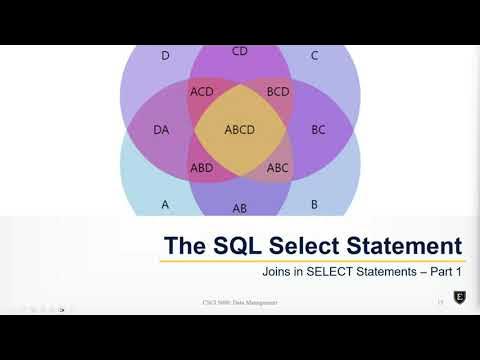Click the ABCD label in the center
[x=240, y=130]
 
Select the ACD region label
[x=201, y=92]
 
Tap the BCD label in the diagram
[x=278, y=92]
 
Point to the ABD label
[x=201, y=168]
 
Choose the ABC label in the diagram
[x=278, y=168]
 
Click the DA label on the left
[x=161, y=130]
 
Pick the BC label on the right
[x=318, y=130]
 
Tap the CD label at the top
[x=240, y=51]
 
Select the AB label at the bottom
[x=240, y=208]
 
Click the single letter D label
[x=165, y=56]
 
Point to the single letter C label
[x=314, y=56]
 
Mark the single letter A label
[x=165, y=204]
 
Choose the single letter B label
[x=314, y=204]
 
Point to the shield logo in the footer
[x=459, y=298]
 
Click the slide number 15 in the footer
[x=439, y=301]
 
